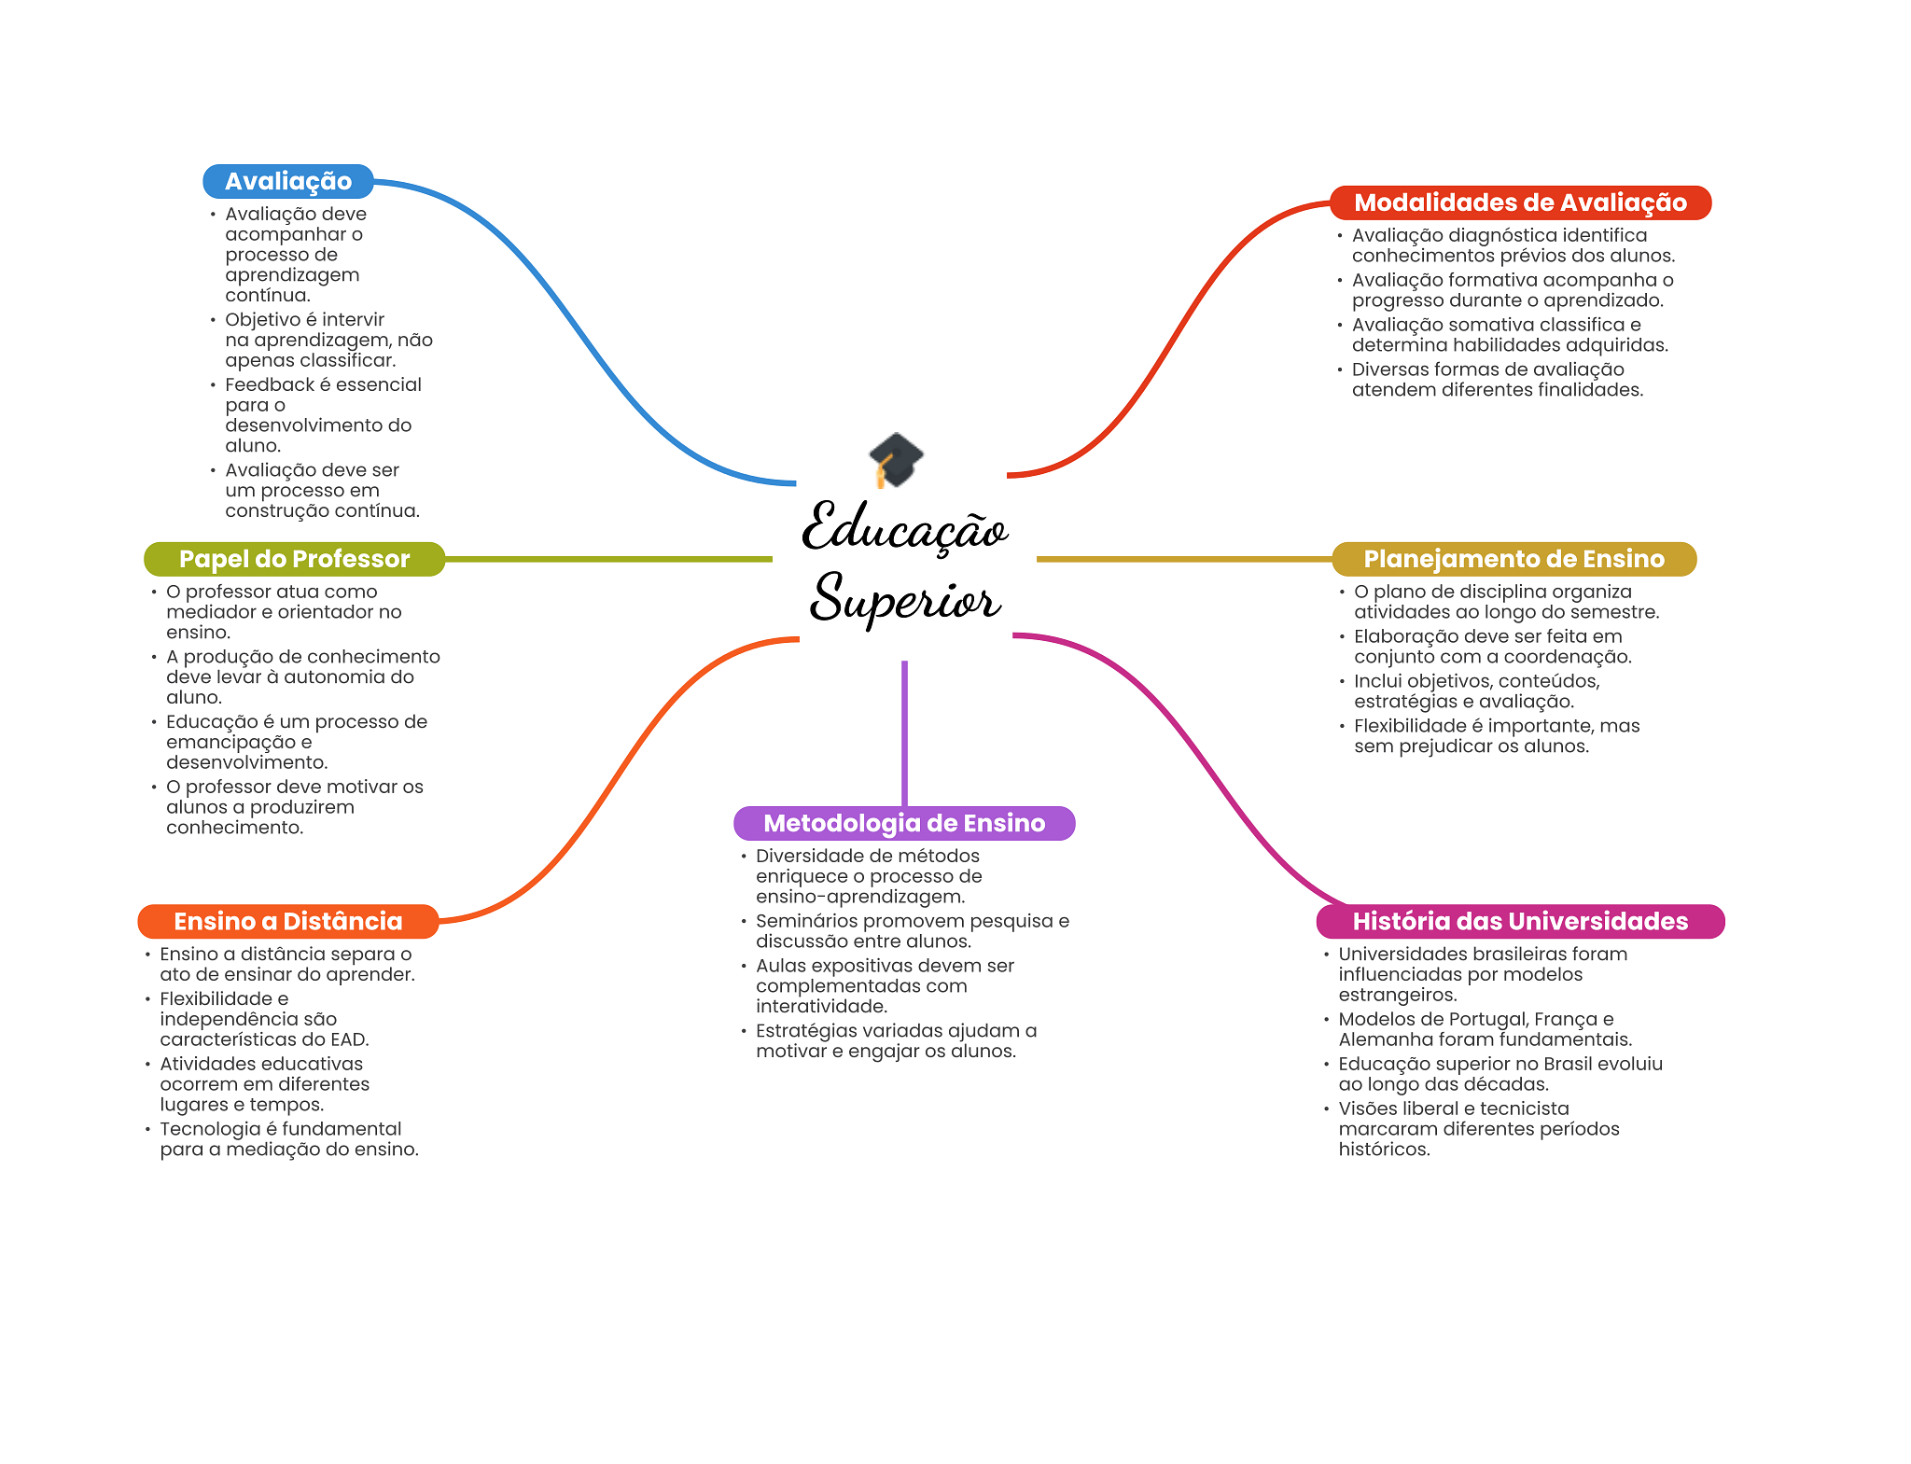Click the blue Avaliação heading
pos(287,181)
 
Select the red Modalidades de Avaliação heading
pos(1519,202)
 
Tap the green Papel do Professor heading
pos(294,559)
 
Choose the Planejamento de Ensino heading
pos(1513,559)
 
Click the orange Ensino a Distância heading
pos(287,921)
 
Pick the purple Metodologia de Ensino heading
pos(903,823)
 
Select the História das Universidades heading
pos(1519,921)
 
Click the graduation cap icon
pos(896,459)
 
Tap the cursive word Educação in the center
pos(904,528)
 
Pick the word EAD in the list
pos(349,1039)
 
